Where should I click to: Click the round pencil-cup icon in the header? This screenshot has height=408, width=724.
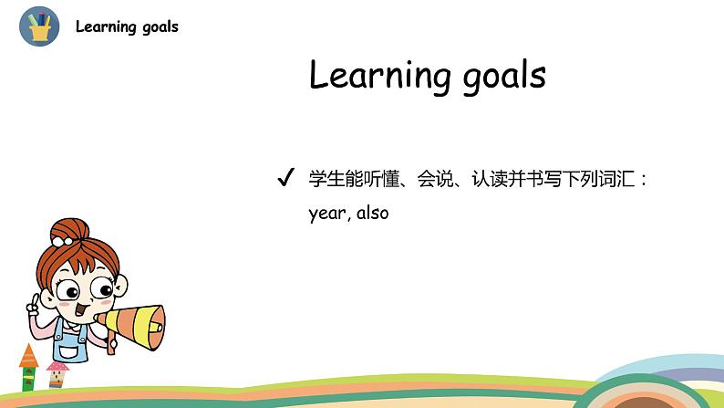click(39, 26)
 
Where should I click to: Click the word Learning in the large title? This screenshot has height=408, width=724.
click(379, 75)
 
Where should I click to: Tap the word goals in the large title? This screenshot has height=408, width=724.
click(504, 77)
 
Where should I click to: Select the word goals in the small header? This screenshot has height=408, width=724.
click(160, 27)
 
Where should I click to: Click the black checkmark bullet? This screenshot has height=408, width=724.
click(285, 177)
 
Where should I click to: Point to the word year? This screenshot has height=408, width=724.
click(327, 214)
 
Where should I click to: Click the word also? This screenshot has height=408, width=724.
click(372, 213)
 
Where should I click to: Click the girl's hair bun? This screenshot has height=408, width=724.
click(70, 230)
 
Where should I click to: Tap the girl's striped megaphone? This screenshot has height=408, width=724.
click(131, 327)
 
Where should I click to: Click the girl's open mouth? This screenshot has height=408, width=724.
click(81, 309)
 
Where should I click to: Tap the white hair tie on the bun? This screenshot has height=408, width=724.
click(61, 241)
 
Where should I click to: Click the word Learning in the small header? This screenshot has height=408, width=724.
click(106, 26)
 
